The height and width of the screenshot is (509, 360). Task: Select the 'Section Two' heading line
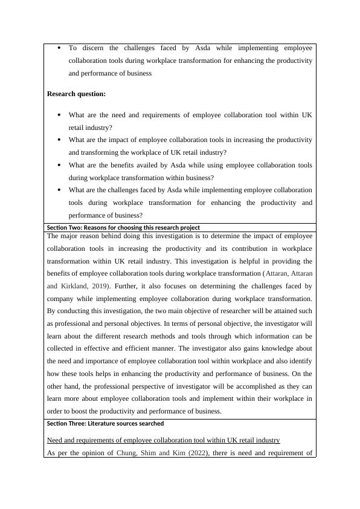coord(123,227)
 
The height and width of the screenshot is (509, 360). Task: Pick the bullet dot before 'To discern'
coord(59,47)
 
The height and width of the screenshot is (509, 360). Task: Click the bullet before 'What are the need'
coord(59,114)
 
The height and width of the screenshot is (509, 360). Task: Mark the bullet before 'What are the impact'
coord(59,140)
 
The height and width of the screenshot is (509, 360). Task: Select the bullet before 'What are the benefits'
coord(59,164)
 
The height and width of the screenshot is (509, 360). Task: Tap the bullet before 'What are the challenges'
coord(59,190)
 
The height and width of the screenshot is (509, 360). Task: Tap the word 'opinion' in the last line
coord(94,453)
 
